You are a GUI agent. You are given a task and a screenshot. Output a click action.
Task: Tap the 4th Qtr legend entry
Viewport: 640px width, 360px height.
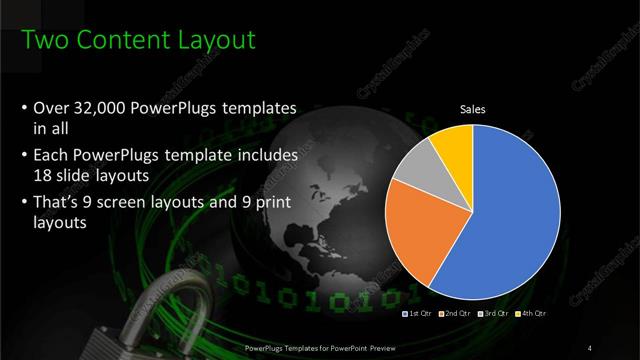click(x=531, y=314)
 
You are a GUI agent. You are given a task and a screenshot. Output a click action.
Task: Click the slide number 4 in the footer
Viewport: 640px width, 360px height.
click(x=592, y=347)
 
